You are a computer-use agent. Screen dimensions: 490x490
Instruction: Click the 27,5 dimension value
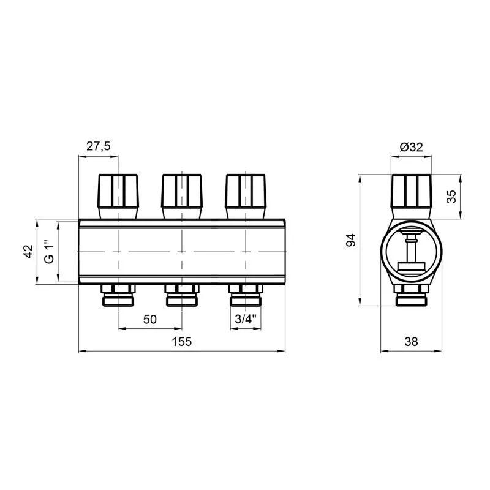[x=99, y=146]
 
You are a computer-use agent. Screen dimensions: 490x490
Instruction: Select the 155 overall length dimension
[x=181, y=342]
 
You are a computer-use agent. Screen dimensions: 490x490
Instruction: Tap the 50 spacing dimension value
[x=149, y=319]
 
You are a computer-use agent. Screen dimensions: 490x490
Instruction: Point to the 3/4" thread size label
[x=246, y=319]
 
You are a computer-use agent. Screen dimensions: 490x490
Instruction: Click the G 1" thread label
[x=49, y=252]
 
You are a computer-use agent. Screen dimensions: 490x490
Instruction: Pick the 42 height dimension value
[x=28, y=252]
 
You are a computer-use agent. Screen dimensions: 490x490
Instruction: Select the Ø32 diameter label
[x=411, y=146]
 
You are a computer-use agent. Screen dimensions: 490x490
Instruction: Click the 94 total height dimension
[x=351, y=240]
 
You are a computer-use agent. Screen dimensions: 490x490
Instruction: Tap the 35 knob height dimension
[x=451, y=197]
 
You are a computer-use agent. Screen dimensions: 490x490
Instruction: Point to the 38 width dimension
[x=411, y=342]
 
